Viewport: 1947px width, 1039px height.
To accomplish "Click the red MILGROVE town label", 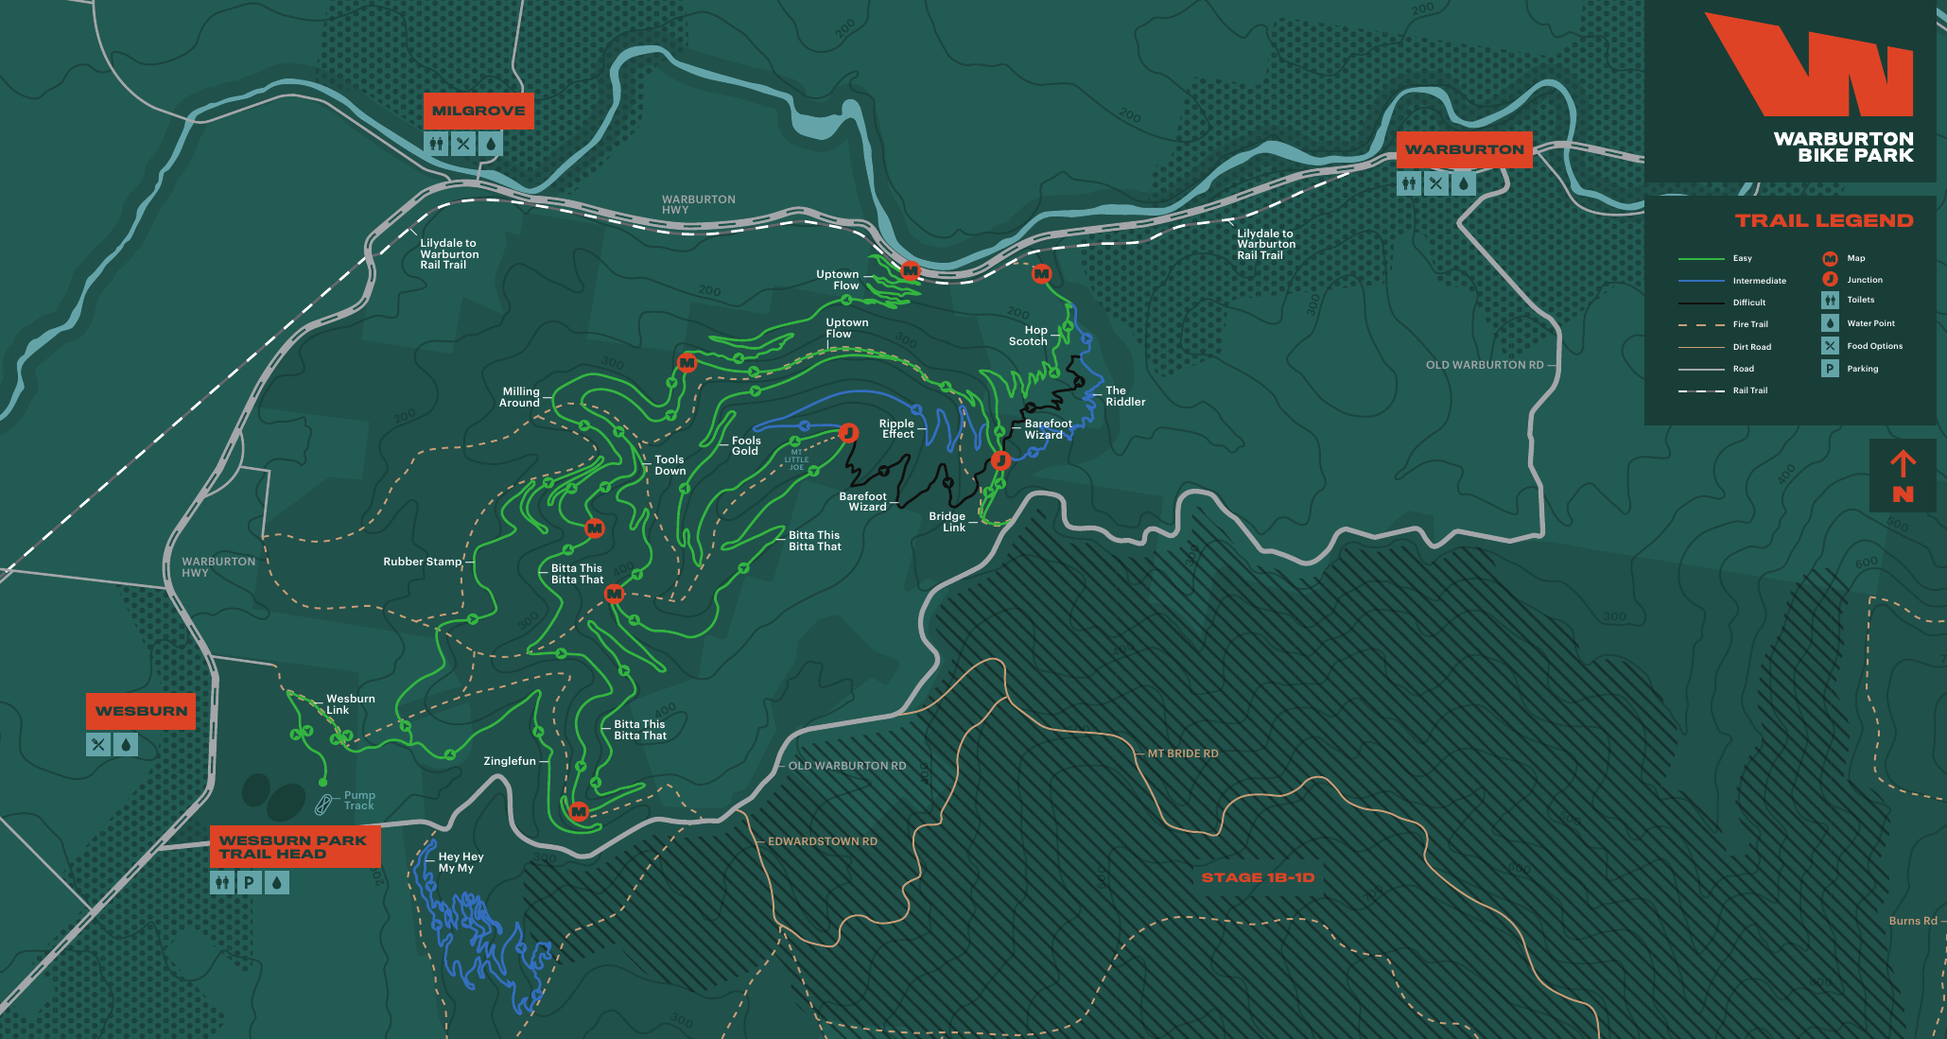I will [x=478, y=111].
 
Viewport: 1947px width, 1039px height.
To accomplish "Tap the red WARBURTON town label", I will [x=1464, y=149].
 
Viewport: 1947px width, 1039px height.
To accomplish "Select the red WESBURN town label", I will [x=141, y=711].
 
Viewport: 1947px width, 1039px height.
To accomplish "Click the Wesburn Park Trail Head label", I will [x=294, y=847].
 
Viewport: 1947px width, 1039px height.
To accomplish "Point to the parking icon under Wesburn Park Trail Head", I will [x=249, y=883].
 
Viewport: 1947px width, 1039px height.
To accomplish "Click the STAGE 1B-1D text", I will [x=1258, y=877].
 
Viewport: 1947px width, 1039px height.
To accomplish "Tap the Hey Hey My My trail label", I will [x=461, y=862].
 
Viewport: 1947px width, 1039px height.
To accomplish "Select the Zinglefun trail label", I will [x=510, y=761].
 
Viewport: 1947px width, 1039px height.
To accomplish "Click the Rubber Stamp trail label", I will [x=422, y=562].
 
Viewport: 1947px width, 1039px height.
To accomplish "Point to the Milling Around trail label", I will [x=520, y=397].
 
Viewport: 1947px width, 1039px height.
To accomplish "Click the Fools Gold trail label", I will [x=745, y=446].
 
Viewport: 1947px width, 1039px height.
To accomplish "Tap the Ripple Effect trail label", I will [x=896, y=429].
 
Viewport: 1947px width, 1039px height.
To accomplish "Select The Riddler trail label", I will [x=1124, y=396].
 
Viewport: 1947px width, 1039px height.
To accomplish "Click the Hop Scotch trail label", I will [x=1029, y=336].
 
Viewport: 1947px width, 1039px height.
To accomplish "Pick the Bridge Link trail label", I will [x=947, y=522].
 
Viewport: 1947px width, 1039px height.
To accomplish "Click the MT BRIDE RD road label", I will [x=1182, y=753].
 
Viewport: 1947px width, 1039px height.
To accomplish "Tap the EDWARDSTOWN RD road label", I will [x=822, y=841].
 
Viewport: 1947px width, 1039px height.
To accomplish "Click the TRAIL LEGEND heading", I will [x=1823, y=220].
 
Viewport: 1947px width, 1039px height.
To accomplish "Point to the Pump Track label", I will [x=359, y=801].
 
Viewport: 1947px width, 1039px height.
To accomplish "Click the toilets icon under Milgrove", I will [x=436, y=144].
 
